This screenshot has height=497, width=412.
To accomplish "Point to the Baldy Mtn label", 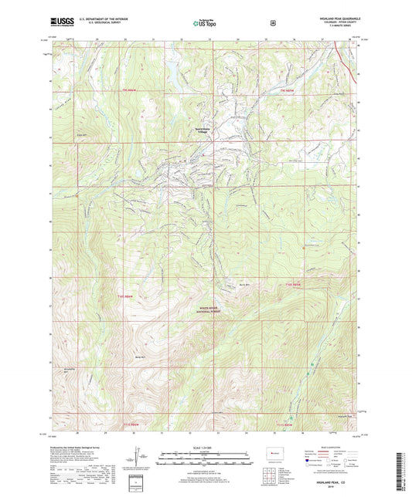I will pyautogui.click(x=140, y=357).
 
